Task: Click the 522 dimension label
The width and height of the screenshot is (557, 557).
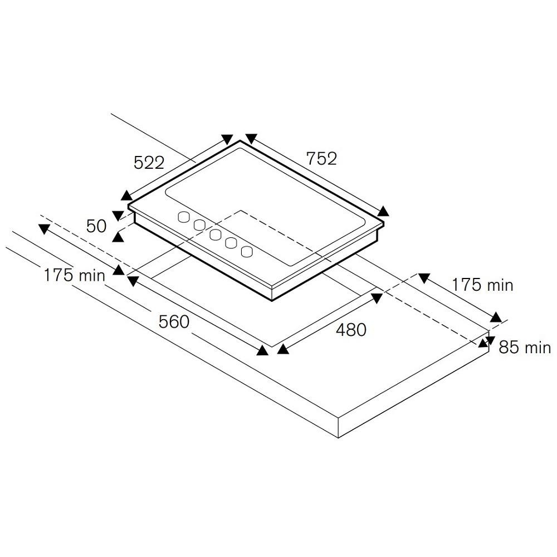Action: (x=149, y=163)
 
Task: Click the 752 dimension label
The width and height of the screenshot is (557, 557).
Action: (x=321, y=158)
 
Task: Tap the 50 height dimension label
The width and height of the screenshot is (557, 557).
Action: (x=96, y=226)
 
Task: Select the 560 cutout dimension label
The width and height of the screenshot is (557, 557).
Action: (x=174, y=322)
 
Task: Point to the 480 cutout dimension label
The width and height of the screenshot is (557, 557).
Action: (x=351, y=330)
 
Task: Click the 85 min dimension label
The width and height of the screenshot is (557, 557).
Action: (x=525, y=347)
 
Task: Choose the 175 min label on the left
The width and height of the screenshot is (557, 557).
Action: (x=74, y=275)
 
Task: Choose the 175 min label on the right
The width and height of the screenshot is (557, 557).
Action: (x=482, y=285)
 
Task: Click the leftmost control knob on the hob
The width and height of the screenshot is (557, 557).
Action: (x=184, y=217)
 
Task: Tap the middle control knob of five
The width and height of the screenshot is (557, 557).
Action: (x=215, y=234)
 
